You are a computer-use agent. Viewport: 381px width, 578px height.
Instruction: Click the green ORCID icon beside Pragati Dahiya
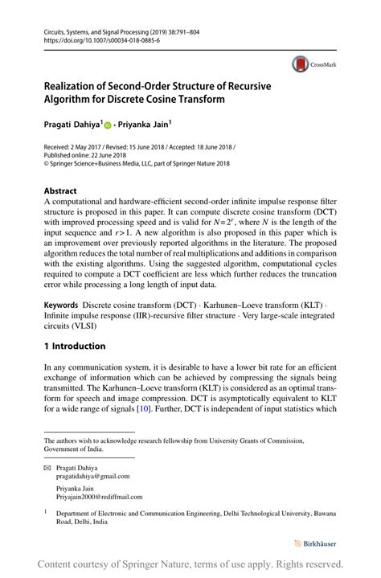110,125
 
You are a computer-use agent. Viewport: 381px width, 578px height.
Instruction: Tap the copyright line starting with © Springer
137,163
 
